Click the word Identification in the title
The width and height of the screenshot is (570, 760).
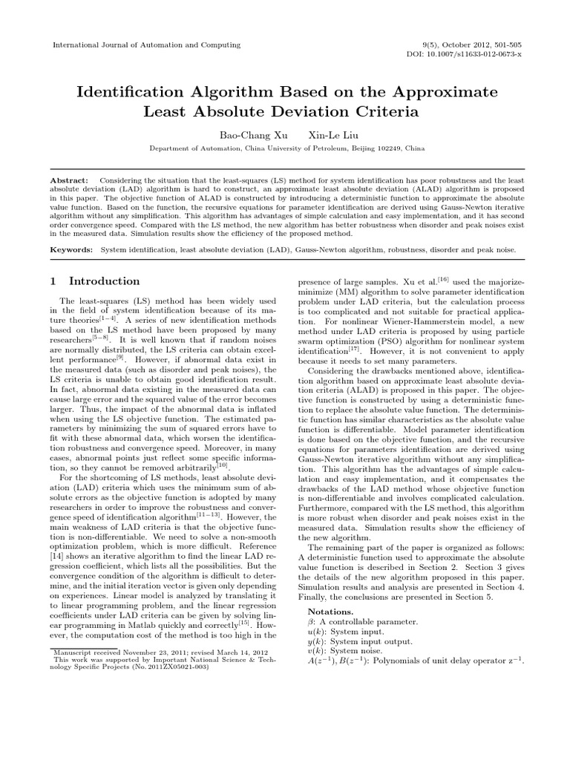pos(140,91)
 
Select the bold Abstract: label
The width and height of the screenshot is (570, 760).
pos(69,180)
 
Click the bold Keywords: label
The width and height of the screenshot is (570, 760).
pos(72,251)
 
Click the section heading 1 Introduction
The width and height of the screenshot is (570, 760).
pos(94,281)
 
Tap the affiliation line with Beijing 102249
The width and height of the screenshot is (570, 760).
pos(285,148)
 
